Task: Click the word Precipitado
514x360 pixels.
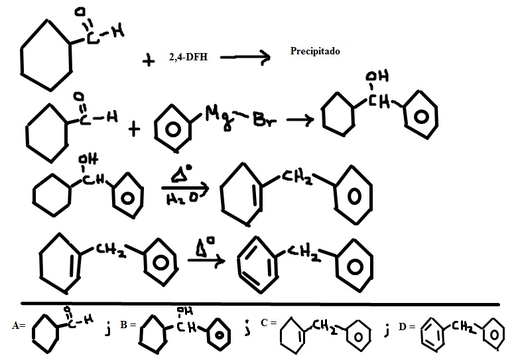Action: pos(315,50)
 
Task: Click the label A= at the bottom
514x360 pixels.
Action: pos(19,326)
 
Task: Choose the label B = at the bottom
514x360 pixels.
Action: pos(127,326)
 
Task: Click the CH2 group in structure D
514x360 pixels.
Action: pos(460,325)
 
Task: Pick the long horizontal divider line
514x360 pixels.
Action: pos(259,304)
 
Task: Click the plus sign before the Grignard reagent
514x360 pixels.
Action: pos(135,128)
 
